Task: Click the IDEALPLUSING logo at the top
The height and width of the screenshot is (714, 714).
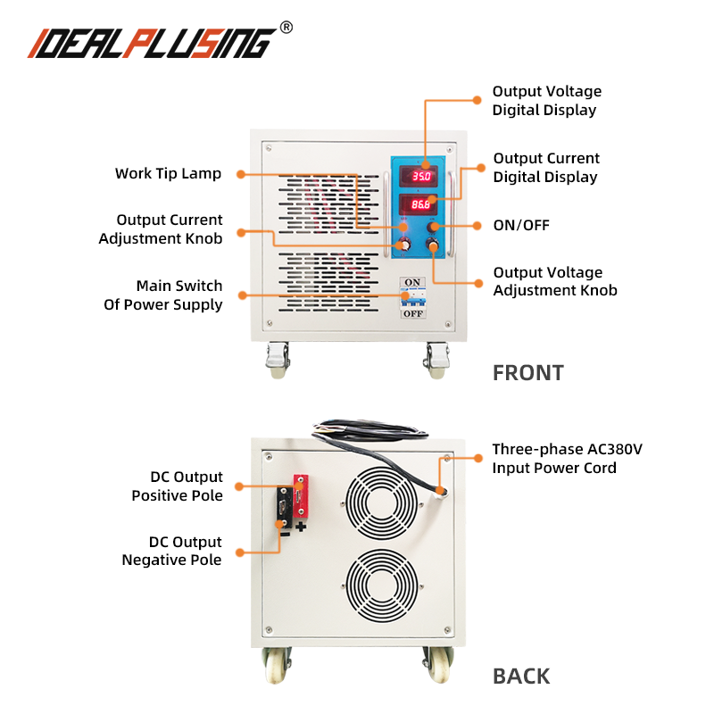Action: click(x=152, y=42)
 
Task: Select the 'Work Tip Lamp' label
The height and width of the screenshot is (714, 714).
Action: click(x=168, y=173)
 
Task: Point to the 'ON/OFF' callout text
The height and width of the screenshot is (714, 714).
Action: click(x=521, y=225)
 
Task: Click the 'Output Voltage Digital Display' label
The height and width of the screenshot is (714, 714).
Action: click(x=547, y=101)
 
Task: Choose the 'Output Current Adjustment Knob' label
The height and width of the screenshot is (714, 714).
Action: click(x=161, y=228)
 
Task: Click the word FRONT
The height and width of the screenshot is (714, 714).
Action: click(x=528, y=373)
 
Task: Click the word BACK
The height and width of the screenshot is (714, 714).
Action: click(x=522, y=677)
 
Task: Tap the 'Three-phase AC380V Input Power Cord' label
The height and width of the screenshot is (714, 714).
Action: click(x=567, y=458)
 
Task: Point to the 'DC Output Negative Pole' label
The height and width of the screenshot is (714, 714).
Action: click(x=172, y=551)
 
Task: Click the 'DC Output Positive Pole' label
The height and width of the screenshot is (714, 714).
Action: click(x=177, y=486)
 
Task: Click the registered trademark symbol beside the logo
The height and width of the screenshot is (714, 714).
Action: click(x=286, y=27)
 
